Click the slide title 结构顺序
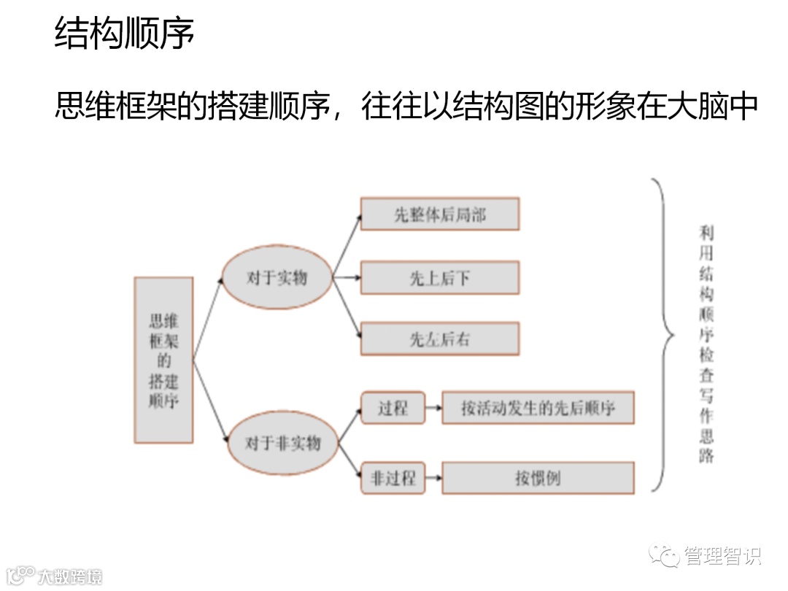pyautogui.click(x=125, y=34)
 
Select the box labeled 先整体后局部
pyautogui.click(x=439, y=215)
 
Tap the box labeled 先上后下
pyautogui.click(x=439, y=278)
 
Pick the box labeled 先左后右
pyautogui.click(x=439, y=339)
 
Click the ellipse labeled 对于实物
pyautogui.click(x=277, y=277)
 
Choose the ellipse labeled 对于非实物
pyautogui.click(x=282, y=443)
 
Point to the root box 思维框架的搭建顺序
pyautogui.click(x=163, y=360)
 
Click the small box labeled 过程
pyautogui.click(x=393, y=408)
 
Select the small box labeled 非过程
pyautogui.click(x=393, y=478)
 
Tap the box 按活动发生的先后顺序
pyautogui.click(x=538, y=408)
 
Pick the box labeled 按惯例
pyautogui.click(x=538, y=478)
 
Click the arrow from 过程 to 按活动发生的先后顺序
pyautogui.click(x=433, y=408)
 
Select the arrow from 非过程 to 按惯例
pyautogui.click(x=433, y=478)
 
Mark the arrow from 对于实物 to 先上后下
pyautogui.click(x=347, y=278)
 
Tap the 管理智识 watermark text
pyautogui.click(x=722, y=556)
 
